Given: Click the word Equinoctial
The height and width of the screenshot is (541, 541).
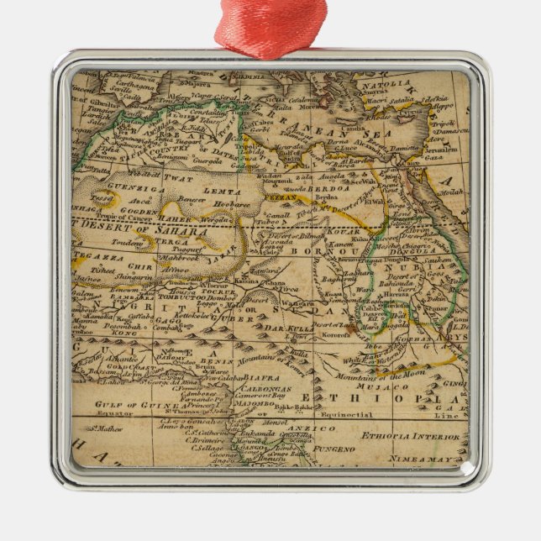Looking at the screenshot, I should coord(347,415).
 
